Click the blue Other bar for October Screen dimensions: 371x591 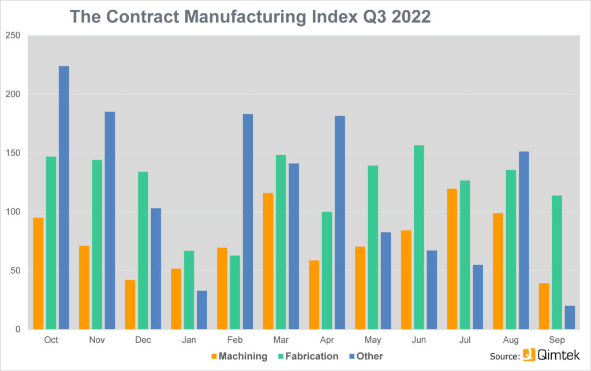pos(63,198)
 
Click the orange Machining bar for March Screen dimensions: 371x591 pos(268,261)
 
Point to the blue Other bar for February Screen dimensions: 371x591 pos(248,221)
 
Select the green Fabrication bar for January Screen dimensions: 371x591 pos(189,290)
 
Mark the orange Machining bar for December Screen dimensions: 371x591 pos(130,305)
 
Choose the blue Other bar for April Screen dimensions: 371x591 pos(340,222)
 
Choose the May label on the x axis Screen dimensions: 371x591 pos(373,340)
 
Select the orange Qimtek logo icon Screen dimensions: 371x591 pos(529,355)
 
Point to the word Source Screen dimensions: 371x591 pos(504,356)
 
